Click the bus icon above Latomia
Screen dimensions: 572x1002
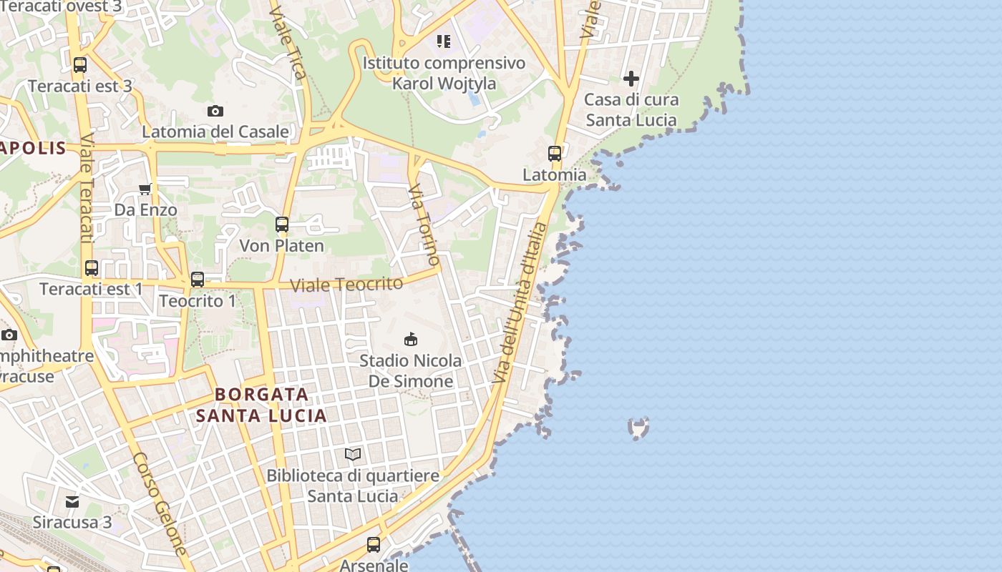tap(555, 153)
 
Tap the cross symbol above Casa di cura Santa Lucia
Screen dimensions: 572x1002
tap(631, 78)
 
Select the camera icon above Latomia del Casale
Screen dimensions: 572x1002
tap(215, 111)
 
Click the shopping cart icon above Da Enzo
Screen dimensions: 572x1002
tap(145, 189)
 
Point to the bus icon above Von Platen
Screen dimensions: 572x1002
tap(282, 225)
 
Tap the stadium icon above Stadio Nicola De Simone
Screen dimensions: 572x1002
tap(411, 339)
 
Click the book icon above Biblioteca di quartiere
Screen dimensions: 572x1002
tap(353, 454)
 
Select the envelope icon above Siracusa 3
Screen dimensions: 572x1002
tap(72, 501)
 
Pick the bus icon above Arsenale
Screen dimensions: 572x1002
tap(374, 545)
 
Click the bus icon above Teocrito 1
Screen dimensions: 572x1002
tap(198, 280)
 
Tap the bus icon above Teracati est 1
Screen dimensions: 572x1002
tap(92, 268)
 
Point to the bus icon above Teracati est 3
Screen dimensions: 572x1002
tap(80, 65)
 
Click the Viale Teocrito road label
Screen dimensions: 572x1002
tap(346, 285)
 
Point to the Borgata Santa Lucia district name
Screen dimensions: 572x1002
tap(261, 405)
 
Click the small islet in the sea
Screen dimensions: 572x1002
tap(638, 428)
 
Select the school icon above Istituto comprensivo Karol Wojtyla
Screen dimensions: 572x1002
tap(444, 41)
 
